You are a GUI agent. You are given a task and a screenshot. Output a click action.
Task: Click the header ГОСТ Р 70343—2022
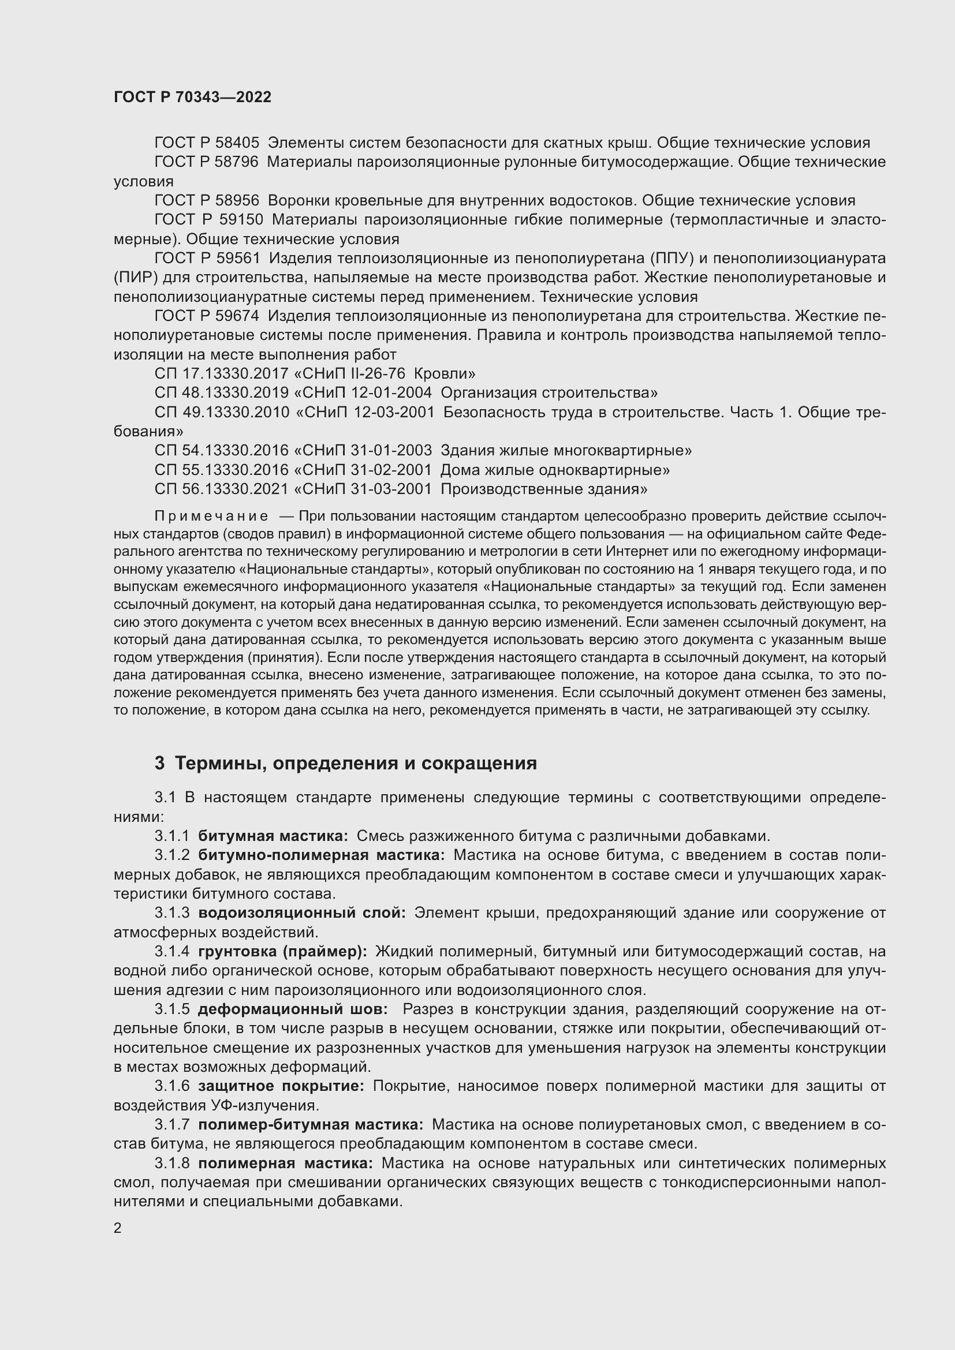[x=192, y=97]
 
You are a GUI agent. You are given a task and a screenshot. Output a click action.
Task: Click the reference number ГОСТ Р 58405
[x=206, y=143]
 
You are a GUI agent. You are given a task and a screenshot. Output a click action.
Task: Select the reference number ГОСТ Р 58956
[x=206, y=200]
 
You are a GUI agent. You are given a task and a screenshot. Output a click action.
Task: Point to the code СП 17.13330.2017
[x=222, y=373]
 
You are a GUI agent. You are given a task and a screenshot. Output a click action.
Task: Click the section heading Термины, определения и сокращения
[x=356, y=764]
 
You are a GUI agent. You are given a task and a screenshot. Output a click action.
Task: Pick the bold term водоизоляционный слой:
[x=301, y=913]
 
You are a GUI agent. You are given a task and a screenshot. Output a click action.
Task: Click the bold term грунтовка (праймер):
[x=282, y=951]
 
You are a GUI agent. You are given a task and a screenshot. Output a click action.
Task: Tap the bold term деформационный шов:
[x=292, y=1009]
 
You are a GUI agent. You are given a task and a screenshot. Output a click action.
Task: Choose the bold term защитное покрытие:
[x=281, y=1086]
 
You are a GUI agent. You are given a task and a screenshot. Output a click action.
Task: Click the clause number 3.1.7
[x=171, y=1125]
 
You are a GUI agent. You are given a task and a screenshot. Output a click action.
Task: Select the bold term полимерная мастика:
[x=285, y=1163]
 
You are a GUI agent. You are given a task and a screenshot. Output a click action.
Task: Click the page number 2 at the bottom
[x=118, y=1228]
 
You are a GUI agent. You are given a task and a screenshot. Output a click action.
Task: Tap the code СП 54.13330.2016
[x=222, y=450]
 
